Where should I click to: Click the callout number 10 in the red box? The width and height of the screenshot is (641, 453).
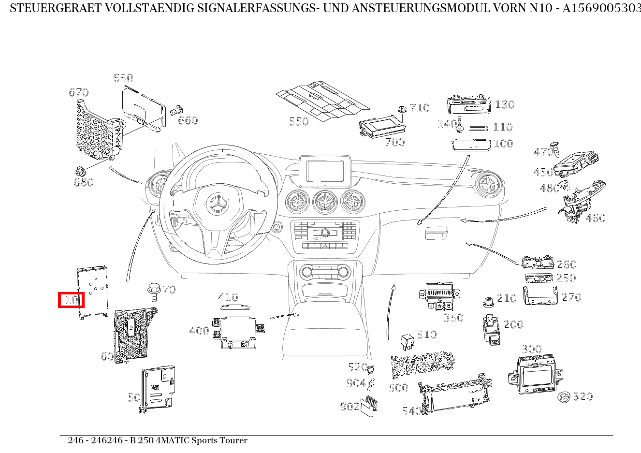[x=72, y=300]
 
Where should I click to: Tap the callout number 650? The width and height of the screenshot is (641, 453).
[x=123, y=78]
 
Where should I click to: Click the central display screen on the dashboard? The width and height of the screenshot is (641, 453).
[x=325, y=171]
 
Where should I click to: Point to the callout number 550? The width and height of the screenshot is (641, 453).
[x=298, y=121]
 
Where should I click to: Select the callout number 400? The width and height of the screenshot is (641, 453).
[x=199, y=331]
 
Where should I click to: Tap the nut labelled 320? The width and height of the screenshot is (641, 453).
[x=564, y=397]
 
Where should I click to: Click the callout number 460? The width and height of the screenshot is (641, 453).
[x=595, y=218]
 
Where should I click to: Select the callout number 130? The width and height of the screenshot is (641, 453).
[x=504, y=104]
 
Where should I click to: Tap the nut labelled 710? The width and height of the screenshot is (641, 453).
[x=402, y=109]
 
